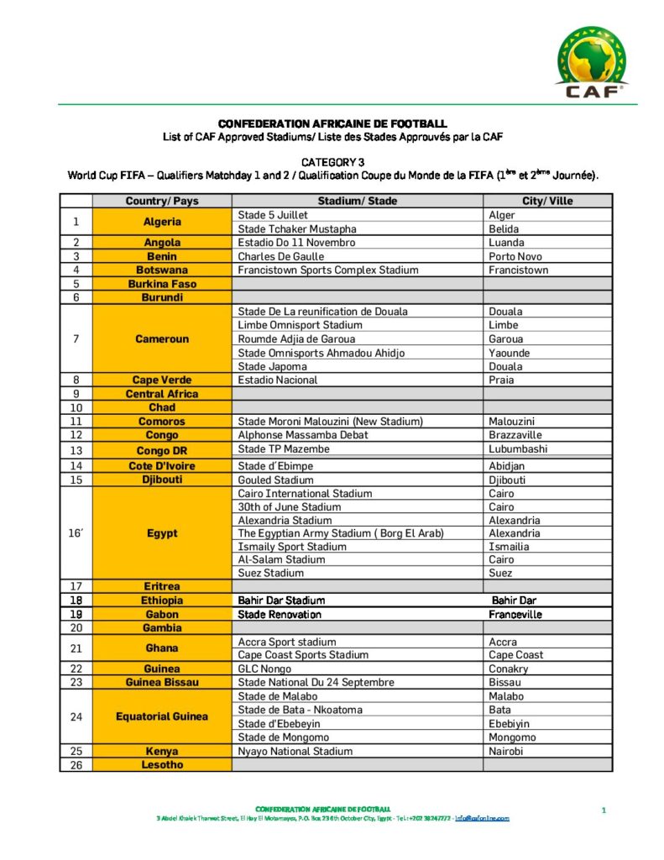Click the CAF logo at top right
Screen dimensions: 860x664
point(592,62)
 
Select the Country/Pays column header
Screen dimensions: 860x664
point(162,202)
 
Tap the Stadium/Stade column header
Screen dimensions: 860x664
point(358,202)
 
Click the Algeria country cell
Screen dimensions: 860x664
point(162,223)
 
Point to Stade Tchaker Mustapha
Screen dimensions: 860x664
point(297,229)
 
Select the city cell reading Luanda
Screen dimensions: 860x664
point(505,243)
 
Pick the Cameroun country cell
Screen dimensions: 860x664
point(162,339)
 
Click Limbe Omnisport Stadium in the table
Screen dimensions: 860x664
point(300,325)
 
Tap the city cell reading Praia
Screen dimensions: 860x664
point(502,380)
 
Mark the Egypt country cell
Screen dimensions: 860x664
point(162,533)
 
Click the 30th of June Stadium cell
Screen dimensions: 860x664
point(290,507)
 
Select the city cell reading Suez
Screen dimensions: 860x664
point(501,573)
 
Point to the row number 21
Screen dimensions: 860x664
point(76,648)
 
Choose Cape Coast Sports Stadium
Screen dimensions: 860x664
point(303,655)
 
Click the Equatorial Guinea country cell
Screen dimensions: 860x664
point(162,716)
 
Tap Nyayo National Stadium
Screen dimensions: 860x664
point(295,751)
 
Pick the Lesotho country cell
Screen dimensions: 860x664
point(162,765)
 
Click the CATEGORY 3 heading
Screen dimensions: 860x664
point(332,160)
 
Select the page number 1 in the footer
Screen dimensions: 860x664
point(604,810)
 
